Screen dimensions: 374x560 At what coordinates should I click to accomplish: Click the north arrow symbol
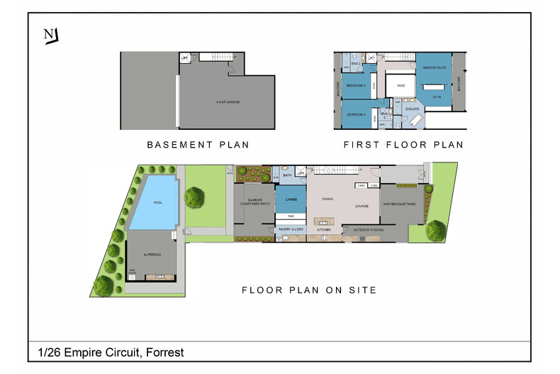[50, 35]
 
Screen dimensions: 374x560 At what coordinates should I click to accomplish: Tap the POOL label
[158, 203]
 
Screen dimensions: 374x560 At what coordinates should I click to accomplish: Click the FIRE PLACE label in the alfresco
[133, 272]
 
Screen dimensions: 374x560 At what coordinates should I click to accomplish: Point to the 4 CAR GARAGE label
[227, 102]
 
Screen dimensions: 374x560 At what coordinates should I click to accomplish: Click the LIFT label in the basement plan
[184, 58]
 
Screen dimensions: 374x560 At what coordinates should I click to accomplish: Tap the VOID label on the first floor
[401, 85]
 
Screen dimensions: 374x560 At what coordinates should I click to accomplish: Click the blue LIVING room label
[291, 200]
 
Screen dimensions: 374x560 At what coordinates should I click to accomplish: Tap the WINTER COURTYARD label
[398, 203]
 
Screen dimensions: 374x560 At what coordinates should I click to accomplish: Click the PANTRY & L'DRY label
[291, 230]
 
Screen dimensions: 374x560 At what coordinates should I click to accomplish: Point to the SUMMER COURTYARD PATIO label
[254, 202]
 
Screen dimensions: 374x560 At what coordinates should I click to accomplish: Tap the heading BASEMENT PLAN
[198, 145]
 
